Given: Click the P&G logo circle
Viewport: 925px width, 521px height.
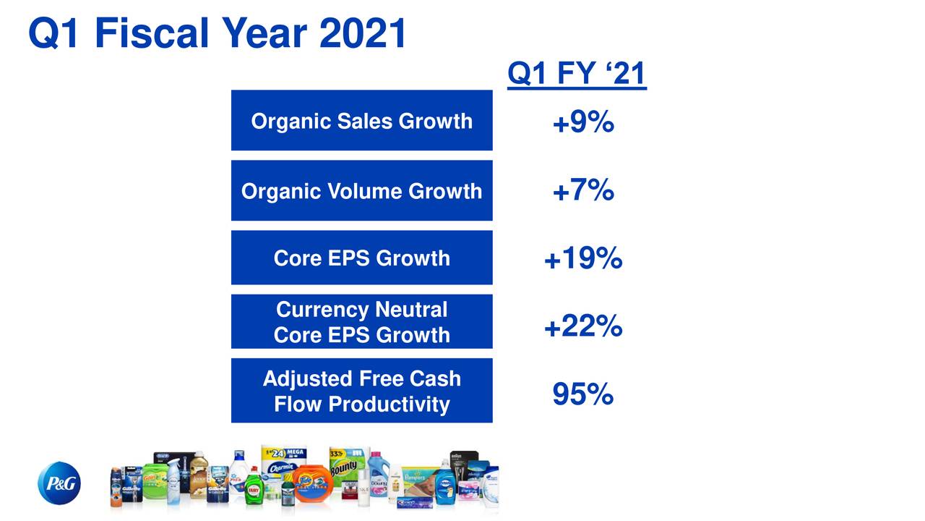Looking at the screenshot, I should tap(59, 483).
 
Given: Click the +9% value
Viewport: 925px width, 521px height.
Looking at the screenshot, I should tap(583, 124).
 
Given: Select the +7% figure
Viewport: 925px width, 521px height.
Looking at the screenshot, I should tap(583, 191).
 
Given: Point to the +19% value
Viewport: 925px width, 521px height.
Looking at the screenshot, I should tap(583, 258).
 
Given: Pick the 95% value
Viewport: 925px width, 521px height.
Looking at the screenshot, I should tap(583, 395).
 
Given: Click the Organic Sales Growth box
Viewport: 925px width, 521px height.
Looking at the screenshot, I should tap(361, 121).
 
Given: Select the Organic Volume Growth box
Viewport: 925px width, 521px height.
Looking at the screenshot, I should tap(361, 191).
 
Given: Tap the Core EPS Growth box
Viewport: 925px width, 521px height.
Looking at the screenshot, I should tap(361, 258).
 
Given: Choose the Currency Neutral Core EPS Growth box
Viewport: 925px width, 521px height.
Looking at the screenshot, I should tap(361, 322).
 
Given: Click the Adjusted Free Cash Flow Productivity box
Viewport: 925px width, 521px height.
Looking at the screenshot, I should tap(361, 391).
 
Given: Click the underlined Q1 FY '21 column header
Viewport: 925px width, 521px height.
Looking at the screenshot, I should tap(577, 74).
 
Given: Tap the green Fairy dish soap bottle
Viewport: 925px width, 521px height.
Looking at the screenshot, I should tap(252, 486).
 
